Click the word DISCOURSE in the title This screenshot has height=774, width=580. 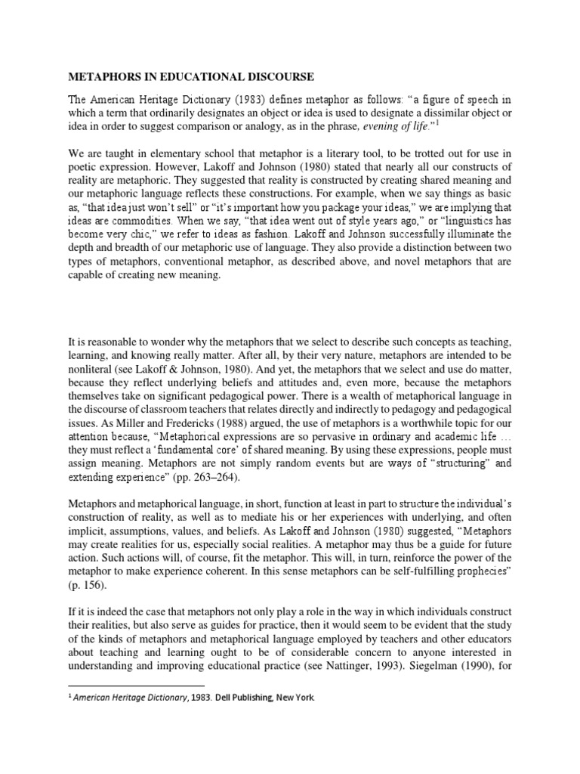coord(276,77)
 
